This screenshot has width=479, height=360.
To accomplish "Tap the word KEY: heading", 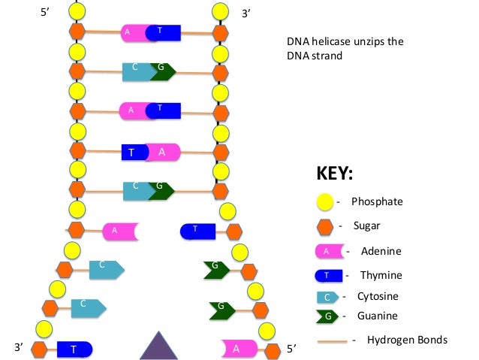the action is pos(335,173).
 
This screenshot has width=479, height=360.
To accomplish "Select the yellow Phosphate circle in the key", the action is pos(324,202).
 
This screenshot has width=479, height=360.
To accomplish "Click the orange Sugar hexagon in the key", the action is pos(325,227).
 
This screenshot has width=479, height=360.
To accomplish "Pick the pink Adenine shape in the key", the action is pos(330,251).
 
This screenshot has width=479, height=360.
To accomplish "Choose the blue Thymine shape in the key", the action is pos(328,275).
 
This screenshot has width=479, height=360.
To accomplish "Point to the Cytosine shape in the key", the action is pos(327,297).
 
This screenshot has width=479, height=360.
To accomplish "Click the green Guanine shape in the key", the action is pos(327,316).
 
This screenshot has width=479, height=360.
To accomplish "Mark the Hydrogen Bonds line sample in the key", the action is pos(333,341).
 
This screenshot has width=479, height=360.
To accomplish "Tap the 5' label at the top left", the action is pos(45,12).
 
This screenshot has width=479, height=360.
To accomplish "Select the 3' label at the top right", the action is pos(246,14).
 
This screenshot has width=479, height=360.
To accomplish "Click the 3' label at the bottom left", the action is pos(19,347).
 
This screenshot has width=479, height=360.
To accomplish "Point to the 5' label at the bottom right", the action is pos(291,349).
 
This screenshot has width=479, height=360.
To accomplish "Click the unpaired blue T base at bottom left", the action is pos(74,349).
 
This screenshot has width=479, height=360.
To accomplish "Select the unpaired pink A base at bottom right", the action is pos(239,349).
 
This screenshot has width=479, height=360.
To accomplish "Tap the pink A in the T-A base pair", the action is pos(163,152).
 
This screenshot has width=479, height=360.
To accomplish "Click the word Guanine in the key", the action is pos(378,316).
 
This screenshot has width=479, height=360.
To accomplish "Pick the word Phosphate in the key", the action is pos(377,201).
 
